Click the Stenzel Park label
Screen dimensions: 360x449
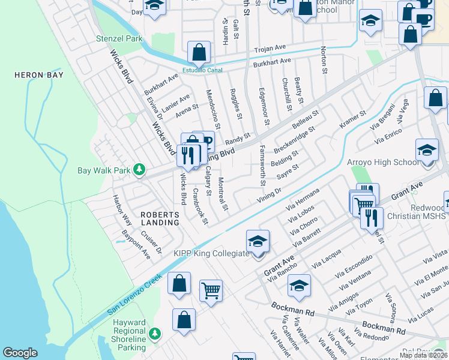[119, 38]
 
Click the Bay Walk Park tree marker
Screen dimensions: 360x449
[139, 170]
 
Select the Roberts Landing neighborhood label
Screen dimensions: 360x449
[160, 218]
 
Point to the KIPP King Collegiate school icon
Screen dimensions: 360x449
[258, 242]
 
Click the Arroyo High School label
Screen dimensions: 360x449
[383, 162]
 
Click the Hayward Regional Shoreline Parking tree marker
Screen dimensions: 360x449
[155, 332]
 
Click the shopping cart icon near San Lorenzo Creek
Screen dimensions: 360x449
[211, 290]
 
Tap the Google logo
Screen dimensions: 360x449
[20, 353]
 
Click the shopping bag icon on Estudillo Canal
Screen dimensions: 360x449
[198, 53]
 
